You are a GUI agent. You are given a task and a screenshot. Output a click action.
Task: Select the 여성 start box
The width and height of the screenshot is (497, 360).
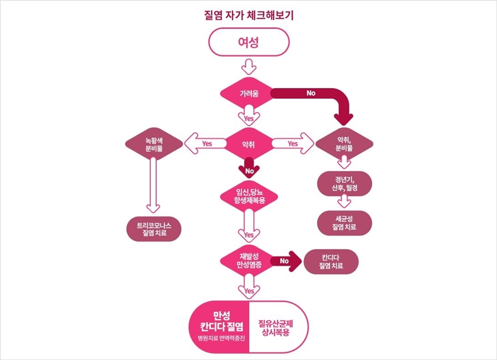248,42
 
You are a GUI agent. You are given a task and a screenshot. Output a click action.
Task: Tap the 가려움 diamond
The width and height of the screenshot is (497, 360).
248,93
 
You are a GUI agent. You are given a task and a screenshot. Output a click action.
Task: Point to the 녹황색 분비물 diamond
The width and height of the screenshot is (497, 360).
153,144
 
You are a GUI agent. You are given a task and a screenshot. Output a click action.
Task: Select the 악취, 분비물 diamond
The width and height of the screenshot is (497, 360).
344,144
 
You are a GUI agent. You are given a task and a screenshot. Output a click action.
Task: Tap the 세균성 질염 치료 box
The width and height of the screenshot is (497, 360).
344,222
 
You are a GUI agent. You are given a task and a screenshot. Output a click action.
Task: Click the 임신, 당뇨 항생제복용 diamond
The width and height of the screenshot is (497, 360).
248,196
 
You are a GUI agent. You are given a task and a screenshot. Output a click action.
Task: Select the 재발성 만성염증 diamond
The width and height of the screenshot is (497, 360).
248,260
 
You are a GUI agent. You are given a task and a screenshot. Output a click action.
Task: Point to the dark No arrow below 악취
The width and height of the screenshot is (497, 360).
248,168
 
